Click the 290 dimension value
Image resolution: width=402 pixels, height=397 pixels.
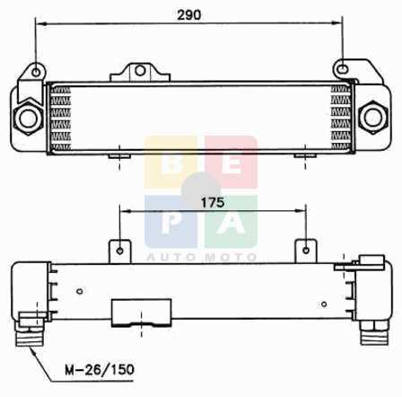click(189, 14)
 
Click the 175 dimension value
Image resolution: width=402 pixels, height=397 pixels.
click(213, 203)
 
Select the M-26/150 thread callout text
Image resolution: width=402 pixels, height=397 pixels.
click(100, 370)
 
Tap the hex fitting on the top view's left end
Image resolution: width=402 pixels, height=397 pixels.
click(29, 119)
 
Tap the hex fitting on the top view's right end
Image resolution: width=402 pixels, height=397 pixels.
click(373, 117)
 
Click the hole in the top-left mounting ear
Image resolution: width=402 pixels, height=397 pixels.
click(36, 72)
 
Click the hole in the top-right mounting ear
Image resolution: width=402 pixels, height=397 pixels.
click(343, 70)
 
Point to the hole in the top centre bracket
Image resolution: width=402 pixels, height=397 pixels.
click(140, 71)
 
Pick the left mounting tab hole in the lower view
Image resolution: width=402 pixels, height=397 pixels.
click(120, 251)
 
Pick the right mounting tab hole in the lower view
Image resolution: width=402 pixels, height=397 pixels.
click(306, 250)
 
